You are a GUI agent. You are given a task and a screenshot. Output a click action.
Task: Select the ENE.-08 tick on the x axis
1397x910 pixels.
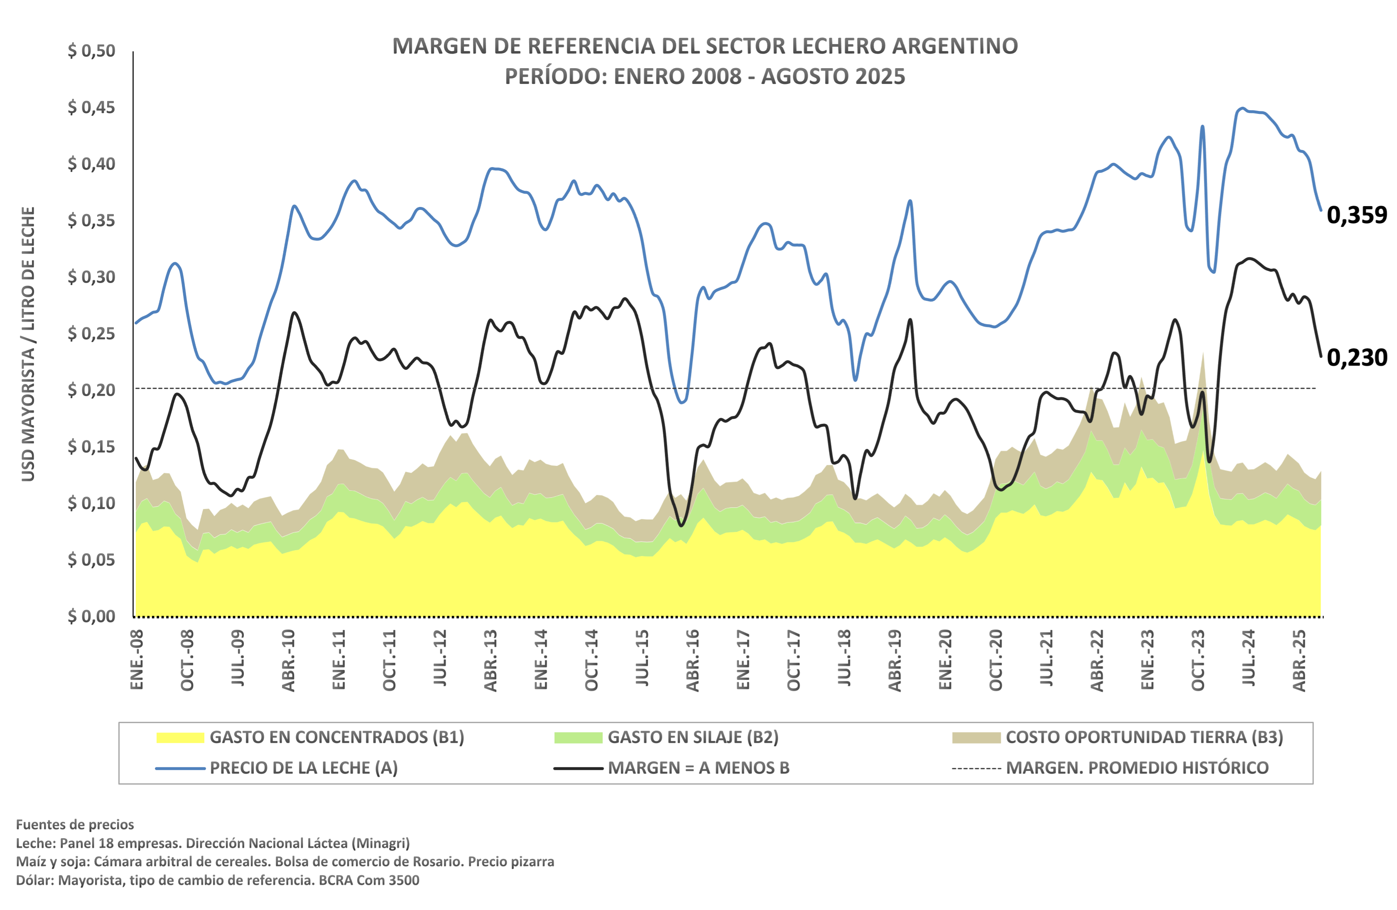click(x=137, y=659)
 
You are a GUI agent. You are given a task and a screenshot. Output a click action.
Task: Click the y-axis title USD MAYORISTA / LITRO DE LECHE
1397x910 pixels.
click(x=28, y=344)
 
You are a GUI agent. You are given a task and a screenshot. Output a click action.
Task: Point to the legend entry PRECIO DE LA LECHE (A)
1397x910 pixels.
click(x=304, y=768)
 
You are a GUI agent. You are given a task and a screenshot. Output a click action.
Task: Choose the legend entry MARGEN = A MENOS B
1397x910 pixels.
click(x=698, y=768)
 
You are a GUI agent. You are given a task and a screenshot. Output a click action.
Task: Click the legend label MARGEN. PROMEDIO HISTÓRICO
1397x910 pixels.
click(x=1137, y=768)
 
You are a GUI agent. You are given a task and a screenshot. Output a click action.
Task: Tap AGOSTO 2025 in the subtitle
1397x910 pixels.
click(x=833, y=76)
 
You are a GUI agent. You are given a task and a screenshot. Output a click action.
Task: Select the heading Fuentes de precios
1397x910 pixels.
click(x=75, y=824)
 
